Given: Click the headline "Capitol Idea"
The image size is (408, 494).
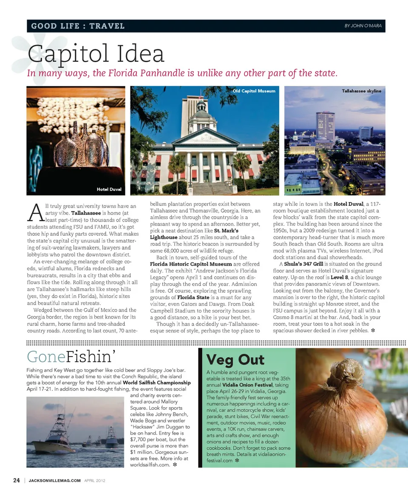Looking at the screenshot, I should pyautogui.click(x=96, y=54).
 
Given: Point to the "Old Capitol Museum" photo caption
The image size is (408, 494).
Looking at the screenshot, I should pyautogui.click(x=254, y=91).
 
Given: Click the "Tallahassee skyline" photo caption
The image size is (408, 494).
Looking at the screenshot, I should pyautogui.click(x=361, y=91).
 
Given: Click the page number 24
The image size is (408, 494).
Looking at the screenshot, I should pyautogui.click(x=17, y=480).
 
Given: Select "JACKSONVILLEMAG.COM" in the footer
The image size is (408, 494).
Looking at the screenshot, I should pyautogui.click(x=54, y=481).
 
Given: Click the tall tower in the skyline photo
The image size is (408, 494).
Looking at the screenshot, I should pyautogui.click(x=326, y=126).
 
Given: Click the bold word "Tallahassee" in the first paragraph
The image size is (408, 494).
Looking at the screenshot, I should pyautogui.click(x=86, y=213).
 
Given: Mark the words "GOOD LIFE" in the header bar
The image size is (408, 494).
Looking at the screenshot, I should pyautogui.click(x=55, y=26).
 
